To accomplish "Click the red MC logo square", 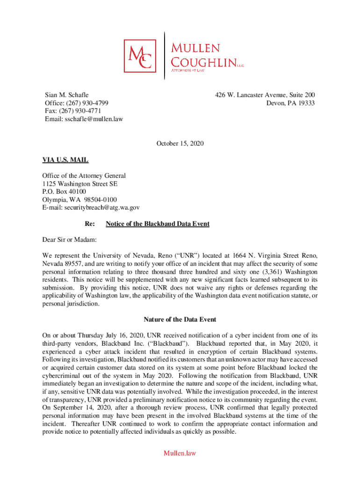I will pyautogui.click(x=140, y=56).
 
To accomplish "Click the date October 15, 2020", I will pyautogui.click(x=180, y=143).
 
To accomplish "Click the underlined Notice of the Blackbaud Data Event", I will pyautogui.click(x=158, y=224).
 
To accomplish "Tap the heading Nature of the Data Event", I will pyautogui.click(x=180, y=319).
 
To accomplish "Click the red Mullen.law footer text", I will pyautogui.click(x=180, y=453).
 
